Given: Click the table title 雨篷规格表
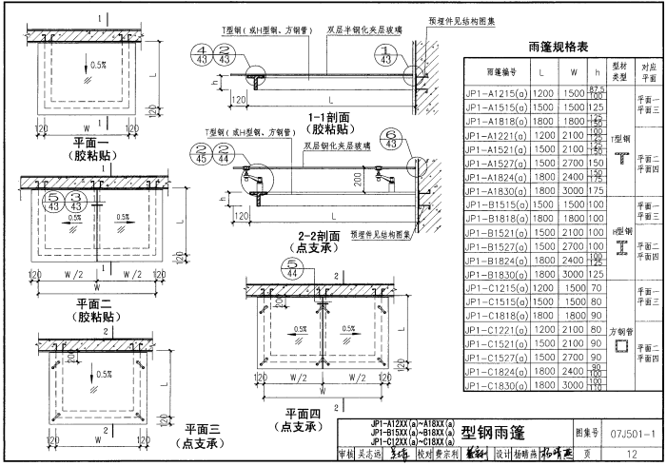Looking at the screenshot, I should point(562,47).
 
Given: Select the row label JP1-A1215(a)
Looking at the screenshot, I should point(501,94).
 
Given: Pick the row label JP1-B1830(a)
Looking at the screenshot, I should point(501,274).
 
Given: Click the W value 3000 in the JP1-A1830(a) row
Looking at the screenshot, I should point(572,190).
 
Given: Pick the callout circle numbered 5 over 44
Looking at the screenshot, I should point(287,269).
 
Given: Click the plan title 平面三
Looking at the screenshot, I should point(203,430).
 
